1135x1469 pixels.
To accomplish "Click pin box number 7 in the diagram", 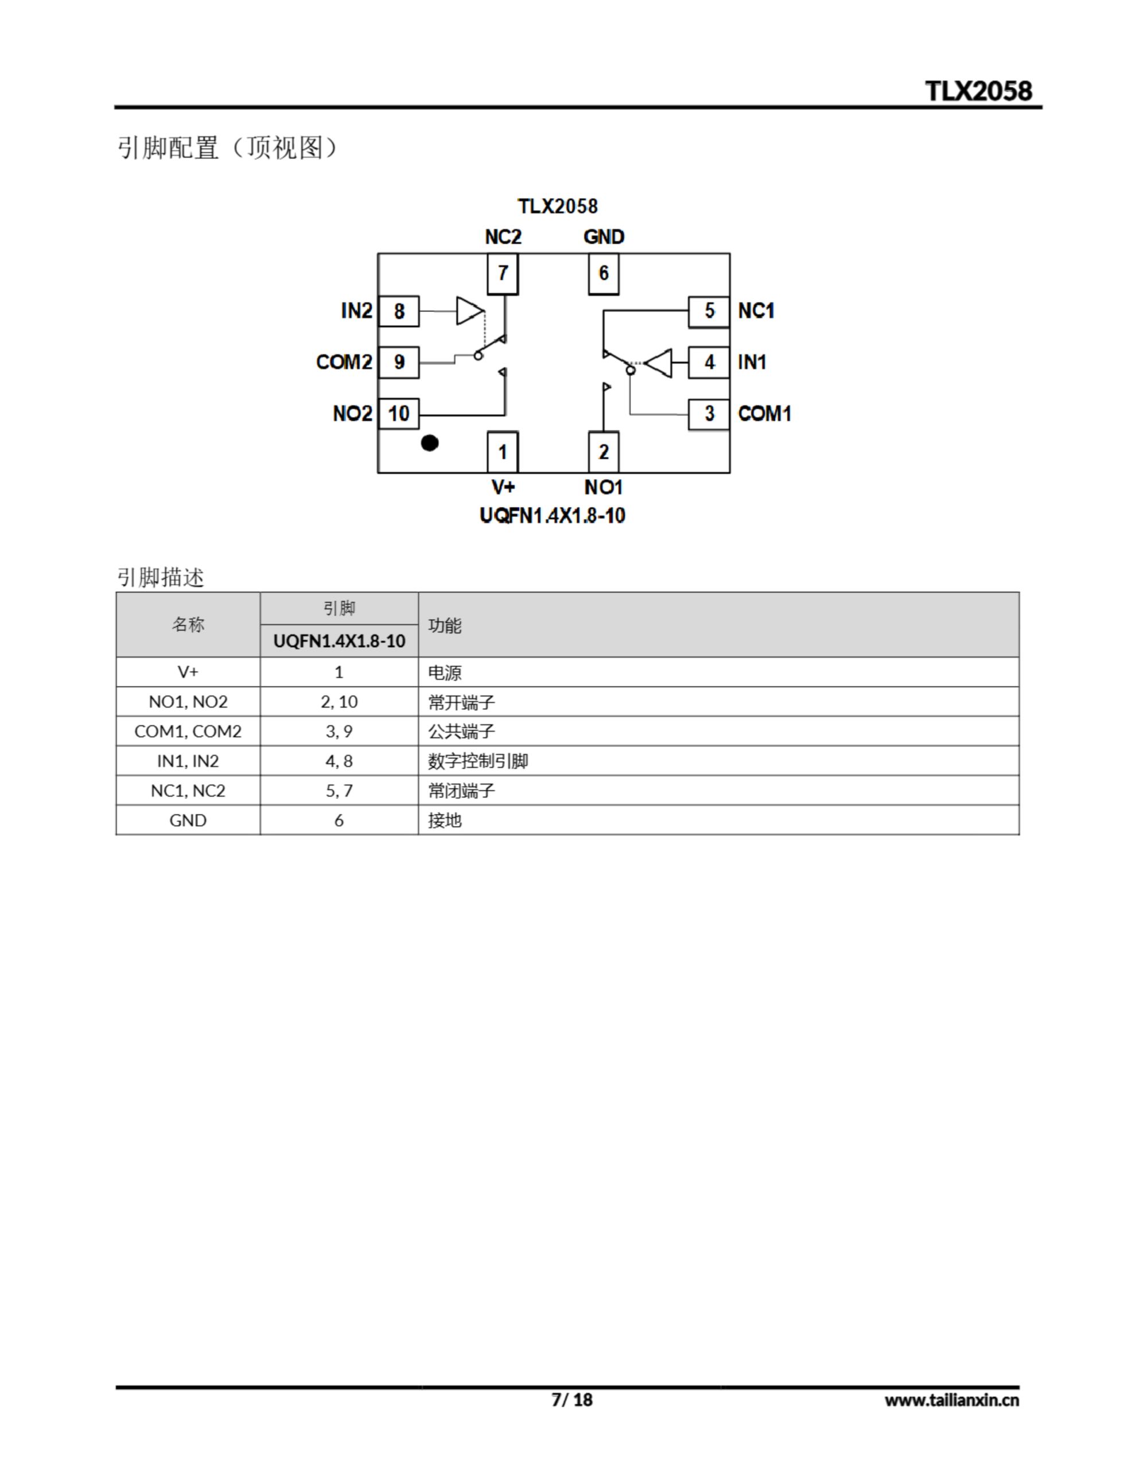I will coord(503,273).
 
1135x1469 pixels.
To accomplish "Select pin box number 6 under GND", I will coord(604,273).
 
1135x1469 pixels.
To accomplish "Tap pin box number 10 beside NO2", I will coord(399,413).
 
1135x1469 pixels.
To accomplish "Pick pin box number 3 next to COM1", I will coord(709,414).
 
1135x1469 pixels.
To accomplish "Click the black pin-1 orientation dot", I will coord(430,442).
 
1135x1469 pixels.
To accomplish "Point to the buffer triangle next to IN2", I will coord(469,311).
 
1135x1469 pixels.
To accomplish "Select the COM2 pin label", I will coord(344,363).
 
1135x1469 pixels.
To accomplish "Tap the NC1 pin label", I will coord(756,311).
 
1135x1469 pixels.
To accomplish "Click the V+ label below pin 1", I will coord(503,487).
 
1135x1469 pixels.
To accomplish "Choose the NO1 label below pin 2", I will coord(604,487).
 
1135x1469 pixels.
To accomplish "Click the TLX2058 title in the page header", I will coord(978,91).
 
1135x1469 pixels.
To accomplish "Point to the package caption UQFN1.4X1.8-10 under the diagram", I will coord(553,516).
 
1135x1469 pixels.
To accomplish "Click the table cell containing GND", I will coord(188,821).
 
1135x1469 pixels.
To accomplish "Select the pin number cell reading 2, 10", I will coord(339,702).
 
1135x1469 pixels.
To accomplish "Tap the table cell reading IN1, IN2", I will coord(188,761).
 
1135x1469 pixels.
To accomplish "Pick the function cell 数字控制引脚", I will coord(477,761).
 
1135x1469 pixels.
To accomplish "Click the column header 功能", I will coord(445,625).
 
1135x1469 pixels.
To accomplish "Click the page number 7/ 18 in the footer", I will coord(572,1400).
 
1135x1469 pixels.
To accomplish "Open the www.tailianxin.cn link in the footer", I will coord(951,1400).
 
